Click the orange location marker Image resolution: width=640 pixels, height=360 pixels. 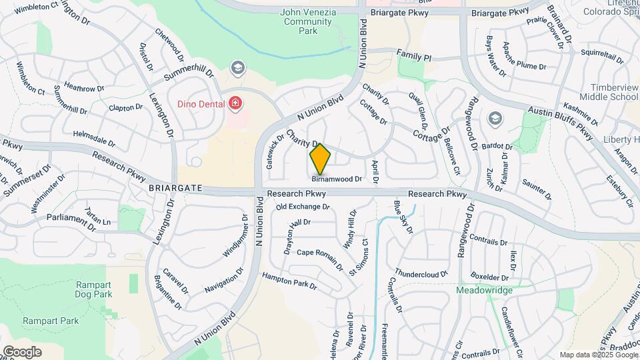321,159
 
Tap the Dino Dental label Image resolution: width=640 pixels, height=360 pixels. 199,103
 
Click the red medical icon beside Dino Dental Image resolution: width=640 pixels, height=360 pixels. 235,103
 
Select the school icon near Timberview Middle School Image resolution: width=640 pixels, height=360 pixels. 495,119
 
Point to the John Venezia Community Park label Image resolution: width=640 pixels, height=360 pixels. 307,21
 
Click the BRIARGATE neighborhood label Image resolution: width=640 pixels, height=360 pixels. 175,189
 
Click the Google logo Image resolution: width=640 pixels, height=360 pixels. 22,351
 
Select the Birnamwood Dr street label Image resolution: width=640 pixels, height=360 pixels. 337,179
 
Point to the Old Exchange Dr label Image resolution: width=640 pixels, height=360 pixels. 303,207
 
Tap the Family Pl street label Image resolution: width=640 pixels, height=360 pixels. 414,54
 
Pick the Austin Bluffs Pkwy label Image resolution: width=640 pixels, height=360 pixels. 560,123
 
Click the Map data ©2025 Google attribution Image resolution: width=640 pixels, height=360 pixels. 597,355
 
